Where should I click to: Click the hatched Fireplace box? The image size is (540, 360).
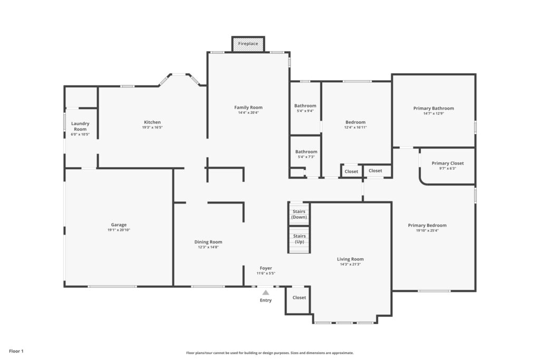tap(248, 44)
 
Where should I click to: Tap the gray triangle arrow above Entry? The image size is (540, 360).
tap(266, 293)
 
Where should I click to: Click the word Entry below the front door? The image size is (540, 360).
tap(266, 300)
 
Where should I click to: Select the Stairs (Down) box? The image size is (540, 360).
tap(299, 214)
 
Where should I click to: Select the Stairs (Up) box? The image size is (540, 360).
tap(299, 239)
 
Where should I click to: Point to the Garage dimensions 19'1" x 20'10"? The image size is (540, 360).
tap(119, 230)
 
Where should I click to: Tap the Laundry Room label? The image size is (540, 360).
tap(80, 127)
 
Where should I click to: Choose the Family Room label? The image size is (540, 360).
tap(248, 108)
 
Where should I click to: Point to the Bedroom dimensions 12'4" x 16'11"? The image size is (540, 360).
tap(355, 127)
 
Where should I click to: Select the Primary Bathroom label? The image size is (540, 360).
tap(433, 109)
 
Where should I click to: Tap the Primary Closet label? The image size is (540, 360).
tap(448, 163)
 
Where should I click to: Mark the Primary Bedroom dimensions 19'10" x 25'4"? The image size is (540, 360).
tap(427, 230)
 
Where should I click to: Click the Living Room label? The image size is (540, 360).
tap(350, 259)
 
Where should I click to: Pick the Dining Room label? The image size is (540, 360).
tap(208, 242)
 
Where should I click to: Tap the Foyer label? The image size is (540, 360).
tap(266, 268)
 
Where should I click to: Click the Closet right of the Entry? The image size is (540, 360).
tap(299, 298)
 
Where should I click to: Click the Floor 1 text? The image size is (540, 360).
tap(16, 351)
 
